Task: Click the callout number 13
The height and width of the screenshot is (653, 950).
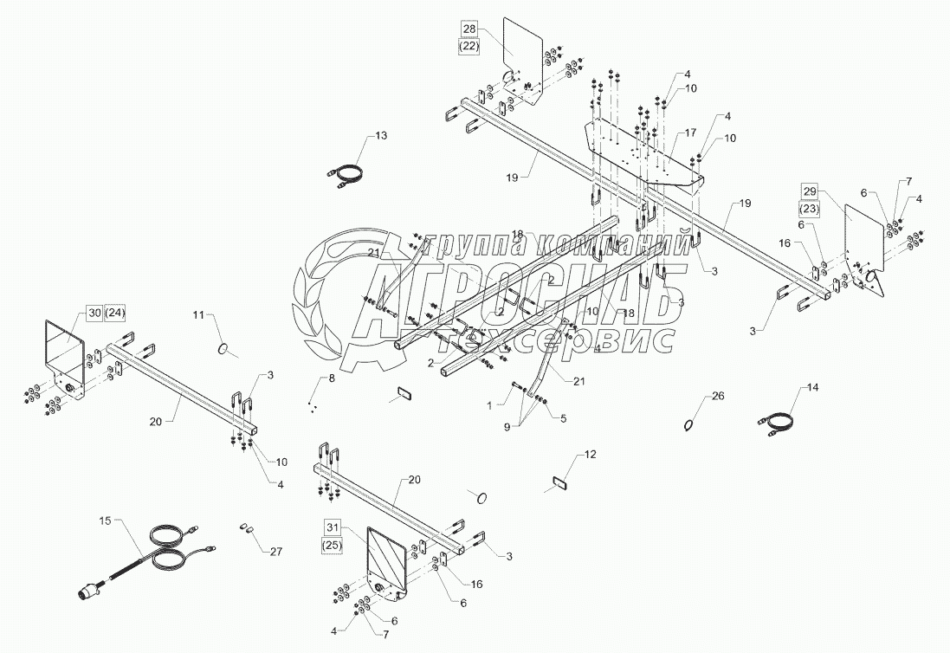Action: coord(381,136)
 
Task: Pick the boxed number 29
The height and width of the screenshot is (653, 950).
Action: coord(809,191)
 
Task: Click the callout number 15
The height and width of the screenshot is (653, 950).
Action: coord(105,521)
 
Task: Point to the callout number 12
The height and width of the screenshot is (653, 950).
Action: coord(590,455)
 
